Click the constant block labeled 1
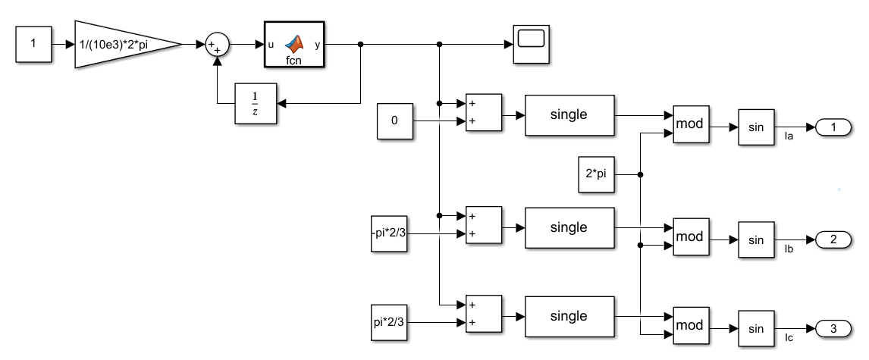point(33,44)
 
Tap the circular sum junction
point(217,44)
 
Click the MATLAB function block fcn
point(293,44)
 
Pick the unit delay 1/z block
point(256,104)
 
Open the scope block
point(531,44)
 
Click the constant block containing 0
point(394,121)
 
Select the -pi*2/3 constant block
point(389,233)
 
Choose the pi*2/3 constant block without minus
point(389,322)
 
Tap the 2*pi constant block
point(596,174)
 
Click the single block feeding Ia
point(569,115)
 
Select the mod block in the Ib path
point(691,237)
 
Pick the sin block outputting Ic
point(756,329)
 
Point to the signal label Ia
point(789,136)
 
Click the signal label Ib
point(789,249)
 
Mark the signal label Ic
point(789,338)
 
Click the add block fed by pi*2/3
point(483,314)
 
